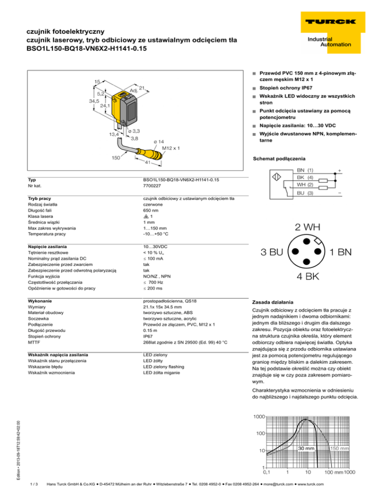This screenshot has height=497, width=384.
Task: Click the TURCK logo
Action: point(328,21)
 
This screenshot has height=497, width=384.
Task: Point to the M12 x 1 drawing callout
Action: point(171,148)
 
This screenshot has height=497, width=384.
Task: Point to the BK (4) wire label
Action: point(304,177)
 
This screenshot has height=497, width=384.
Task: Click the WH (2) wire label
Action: point(305,184)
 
